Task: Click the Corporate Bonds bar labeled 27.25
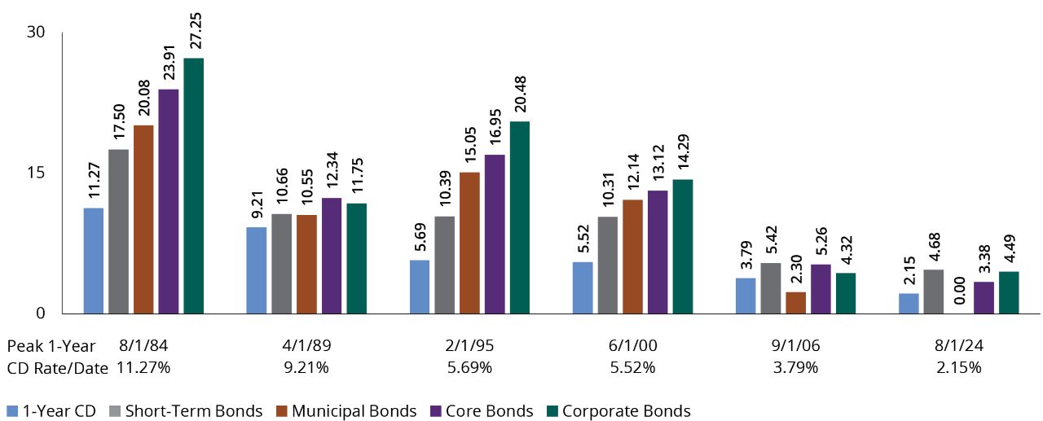coord(193,186)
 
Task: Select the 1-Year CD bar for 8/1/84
coord(94,261)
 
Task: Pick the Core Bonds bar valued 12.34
coord(332,256)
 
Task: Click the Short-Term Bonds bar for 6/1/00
coord(607,265)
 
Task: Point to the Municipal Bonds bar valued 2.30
coord(795,302)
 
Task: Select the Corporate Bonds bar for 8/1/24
coord(1008,292)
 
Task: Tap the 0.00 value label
coord(958,291)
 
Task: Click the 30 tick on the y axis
coord(35,32)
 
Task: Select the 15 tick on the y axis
coord(35,173)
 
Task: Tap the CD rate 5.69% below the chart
coord(469,367)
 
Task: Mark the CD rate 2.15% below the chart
coord(958,367)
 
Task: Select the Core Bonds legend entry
coord(487,411)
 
